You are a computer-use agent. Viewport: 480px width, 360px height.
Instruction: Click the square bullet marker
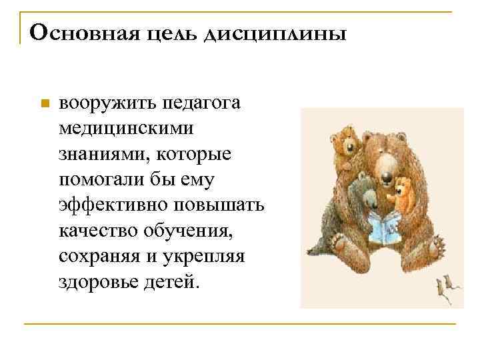(x=45, y=104)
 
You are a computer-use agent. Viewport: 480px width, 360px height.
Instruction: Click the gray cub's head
(x=364, y=185)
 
